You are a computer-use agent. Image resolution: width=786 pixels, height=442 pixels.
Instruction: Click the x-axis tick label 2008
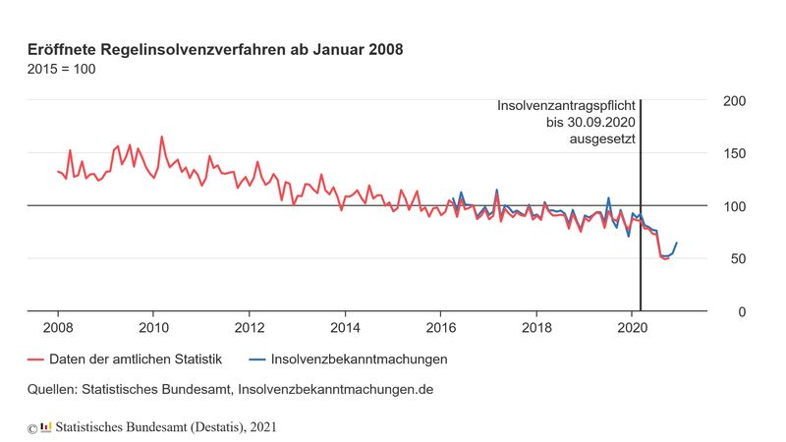click(x=58, y=327)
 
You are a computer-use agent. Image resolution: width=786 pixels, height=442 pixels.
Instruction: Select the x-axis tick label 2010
click(x=153, y=327)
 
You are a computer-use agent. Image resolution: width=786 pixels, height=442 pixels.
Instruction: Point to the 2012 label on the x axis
click(x=250, y=327)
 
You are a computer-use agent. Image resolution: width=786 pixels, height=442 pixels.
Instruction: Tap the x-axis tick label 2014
click(x=345, y=327)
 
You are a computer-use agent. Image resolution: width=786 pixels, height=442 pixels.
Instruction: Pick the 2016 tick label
click(x=440, y=327)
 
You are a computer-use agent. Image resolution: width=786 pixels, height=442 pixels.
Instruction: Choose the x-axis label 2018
click(x=535, y=327)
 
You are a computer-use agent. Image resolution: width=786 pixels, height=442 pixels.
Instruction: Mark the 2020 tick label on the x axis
click(x=631, y=327)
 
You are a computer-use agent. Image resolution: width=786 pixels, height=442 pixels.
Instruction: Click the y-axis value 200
click(x=735, y=101)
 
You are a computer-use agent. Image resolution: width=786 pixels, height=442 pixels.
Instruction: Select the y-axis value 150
click(x=735, y=153)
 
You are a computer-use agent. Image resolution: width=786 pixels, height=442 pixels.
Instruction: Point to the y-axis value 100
click(x=735, y=206)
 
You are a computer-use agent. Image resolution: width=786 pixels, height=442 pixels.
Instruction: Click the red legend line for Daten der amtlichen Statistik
click(x=38, y=359)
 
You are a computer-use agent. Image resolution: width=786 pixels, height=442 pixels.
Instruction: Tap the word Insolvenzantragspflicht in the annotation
click(x=567, y=105)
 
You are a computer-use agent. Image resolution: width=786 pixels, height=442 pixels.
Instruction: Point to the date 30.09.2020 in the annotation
click(x=595, y=122)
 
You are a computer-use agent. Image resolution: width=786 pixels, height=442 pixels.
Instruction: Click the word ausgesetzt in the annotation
click(x=602, y=139)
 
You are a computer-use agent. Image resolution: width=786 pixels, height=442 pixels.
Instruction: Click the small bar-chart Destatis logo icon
click(x=45, y=426)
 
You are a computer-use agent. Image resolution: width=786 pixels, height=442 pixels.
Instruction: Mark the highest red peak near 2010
click(x=161, y=138)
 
